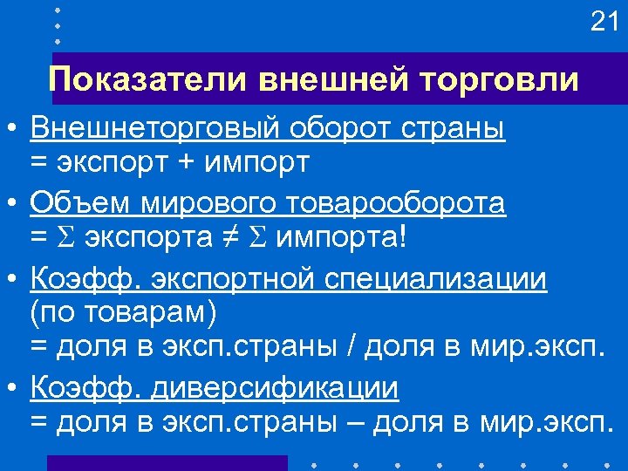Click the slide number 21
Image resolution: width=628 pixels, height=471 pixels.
(604, 22)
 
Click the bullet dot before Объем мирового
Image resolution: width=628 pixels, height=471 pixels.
(11, 203)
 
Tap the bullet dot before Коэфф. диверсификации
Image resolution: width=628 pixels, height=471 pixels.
(11, 387)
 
